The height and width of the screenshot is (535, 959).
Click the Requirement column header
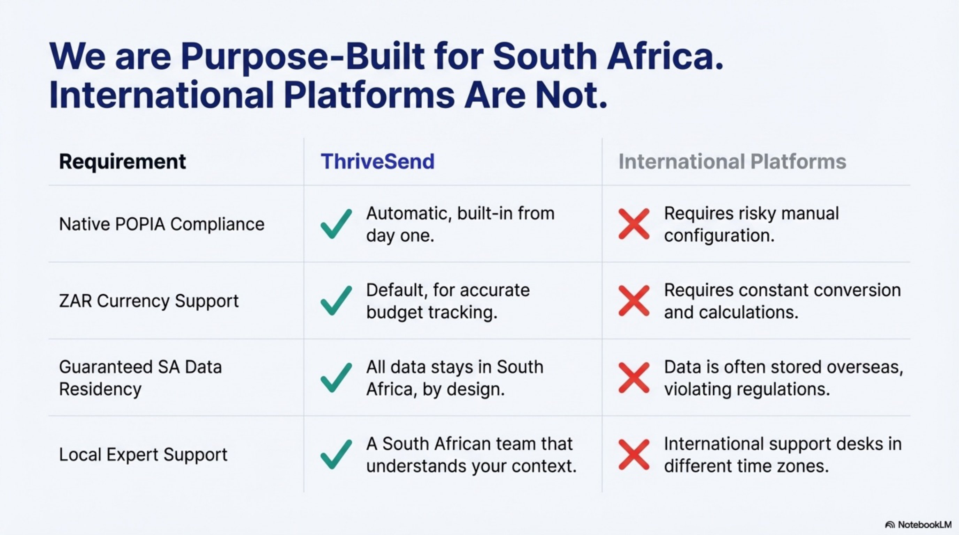[122, 162]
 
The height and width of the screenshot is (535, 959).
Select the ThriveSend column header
[377, 162]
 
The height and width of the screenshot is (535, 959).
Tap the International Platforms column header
[732, 162]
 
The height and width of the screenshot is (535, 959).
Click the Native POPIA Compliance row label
[162, 224]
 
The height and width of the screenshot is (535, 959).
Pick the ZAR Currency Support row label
[148, 301]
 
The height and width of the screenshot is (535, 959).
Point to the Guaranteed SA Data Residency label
[140, 378]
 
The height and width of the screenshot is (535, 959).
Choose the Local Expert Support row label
[143, 454]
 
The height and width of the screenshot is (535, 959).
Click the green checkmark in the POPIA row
[336, 224]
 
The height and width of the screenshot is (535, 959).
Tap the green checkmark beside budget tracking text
[336, 301]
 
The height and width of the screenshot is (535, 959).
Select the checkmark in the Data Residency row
[336, 378]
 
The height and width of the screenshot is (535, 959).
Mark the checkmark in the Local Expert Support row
[336, 454]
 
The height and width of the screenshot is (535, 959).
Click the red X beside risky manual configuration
[634, 224]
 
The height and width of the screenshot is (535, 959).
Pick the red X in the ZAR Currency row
[634, 301]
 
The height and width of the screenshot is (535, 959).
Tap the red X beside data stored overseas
[634, 378]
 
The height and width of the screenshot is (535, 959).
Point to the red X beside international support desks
[634, 454]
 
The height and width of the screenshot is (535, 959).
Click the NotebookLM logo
[918, 525]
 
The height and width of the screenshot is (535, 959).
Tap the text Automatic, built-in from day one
[460, 224]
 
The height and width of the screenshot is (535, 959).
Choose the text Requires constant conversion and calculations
[782, 301]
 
